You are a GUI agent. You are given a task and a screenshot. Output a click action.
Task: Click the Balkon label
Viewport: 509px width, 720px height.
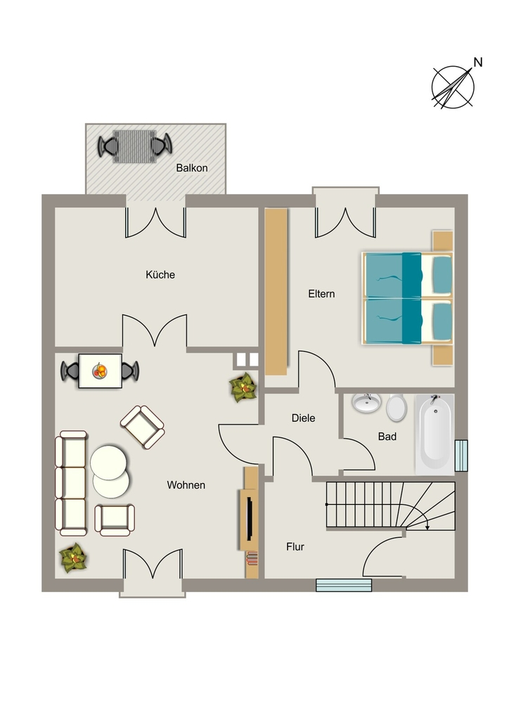(192, 168)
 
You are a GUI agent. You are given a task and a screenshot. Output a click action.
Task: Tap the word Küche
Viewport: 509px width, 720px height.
(160, 275)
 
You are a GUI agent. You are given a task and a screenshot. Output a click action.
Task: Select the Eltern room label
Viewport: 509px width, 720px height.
(321, 294)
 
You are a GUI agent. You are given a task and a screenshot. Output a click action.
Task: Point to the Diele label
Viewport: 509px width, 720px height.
(304, 418)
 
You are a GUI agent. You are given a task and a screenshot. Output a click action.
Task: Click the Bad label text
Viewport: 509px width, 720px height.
(387, 437)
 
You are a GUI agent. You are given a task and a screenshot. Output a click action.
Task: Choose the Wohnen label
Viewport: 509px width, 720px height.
(186, 485)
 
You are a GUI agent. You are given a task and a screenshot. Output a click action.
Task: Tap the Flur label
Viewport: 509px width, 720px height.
(295, 547)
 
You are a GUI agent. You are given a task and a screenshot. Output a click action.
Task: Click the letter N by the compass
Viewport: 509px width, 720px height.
(478, 62)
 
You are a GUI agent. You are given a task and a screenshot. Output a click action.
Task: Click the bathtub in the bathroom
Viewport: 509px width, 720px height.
(434, 435)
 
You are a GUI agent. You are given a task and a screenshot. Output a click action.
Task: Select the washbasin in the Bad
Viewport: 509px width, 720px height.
(366, 403)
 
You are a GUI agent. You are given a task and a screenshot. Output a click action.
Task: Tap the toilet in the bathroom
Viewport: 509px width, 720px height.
(396, 407)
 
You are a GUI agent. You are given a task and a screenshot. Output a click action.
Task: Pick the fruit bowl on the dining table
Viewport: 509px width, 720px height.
(100, 370)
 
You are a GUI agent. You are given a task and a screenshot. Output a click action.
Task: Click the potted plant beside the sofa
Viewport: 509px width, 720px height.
(73, 558)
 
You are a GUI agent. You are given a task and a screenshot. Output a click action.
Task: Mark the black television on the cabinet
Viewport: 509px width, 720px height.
(249, 518)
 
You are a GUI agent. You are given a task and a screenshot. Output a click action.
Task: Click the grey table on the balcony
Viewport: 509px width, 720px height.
(134, 146)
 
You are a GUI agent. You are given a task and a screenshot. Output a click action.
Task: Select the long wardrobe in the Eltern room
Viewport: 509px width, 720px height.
(276, 292)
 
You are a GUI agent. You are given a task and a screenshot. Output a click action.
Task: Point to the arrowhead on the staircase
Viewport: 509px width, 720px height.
(427, 527)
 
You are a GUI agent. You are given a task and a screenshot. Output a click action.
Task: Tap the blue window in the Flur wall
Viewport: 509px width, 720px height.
(344, 585)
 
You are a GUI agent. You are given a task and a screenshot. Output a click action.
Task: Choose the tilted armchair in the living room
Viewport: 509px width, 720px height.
(142, 427)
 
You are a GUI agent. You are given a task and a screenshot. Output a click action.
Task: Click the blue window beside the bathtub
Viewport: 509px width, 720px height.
(461, 456)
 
